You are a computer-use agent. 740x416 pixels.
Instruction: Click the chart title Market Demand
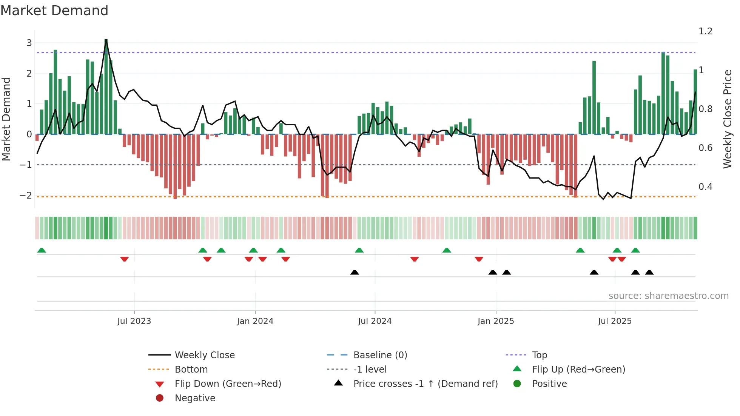point(54,11)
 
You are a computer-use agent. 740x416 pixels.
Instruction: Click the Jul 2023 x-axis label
point(134,321)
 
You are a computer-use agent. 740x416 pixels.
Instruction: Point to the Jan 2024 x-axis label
point(255,321)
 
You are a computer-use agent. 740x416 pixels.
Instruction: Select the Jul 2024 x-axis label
point(375,321)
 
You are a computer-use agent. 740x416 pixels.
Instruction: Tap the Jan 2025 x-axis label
point(495,321)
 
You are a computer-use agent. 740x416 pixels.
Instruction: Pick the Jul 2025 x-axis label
point(615,321)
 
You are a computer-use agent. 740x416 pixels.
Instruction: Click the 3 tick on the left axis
point(29,43)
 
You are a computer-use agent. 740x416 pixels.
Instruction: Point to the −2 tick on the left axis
point(26,196)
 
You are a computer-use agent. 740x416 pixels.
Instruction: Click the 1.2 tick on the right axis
point(705,31)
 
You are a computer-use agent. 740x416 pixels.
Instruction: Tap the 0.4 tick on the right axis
point(705,187)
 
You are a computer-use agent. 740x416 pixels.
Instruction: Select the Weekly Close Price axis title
point(727,119)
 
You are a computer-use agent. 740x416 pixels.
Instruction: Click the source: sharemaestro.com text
point(668,296)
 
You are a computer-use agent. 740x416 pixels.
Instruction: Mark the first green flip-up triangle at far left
point(42,250)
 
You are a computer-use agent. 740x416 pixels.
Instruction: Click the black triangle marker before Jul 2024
point(355,272)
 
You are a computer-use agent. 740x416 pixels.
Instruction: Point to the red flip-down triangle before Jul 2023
point(124,259)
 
